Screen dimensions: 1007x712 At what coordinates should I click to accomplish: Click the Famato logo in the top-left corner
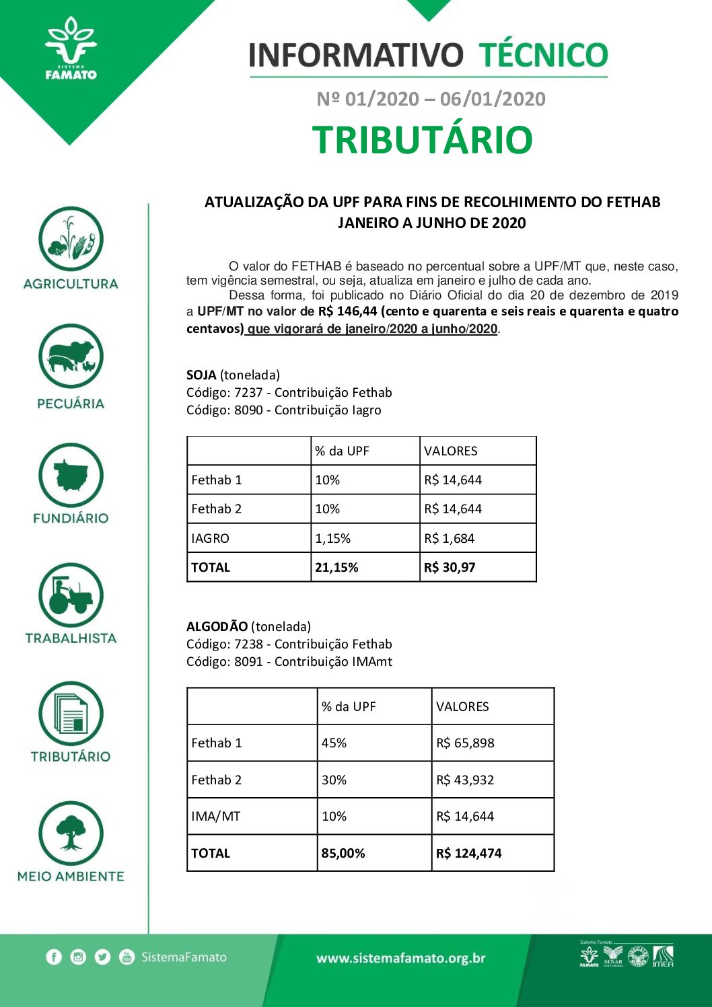tap(71, 50)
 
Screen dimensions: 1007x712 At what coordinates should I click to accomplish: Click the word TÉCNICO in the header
tap(543, 55)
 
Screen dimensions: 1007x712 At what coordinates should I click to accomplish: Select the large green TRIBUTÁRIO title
tap(423, 140)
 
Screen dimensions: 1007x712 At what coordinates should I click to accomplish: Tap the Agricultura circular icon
tap(71, 239)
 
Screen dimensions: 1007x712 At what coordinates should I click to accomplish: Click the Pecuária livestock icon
tap(71, 356)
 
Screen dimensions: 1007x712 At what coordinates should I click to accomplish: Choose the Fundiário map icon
tap(71, 476)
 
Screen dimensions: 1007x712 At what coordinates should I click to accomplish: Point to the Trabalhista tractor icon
tap(71, 595)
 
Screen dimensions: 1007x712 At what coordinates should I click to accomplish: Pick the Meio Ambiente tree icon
tap(71, 833)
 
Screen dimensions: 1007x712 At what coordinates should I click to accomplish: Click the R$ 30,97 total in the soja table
tap(450, 567)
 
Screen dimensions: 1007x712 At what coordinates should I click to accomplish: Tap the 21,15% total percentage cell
tap(336, 567)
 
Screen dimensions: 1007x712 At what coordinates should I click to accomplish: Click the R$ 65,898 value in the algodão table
tap(465, 743)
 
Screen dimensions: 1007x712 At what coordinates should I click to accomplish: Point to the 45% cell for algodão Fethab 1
tap(334, 743)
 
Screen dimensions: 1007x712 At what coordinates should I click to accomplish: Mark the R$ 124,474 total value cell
tap(469, 853)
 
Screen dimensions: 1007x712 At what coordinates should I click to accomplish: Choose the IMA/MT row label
tap(215, 816)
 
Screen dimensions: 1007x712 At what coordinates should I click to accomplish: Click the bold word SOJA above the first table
tap(201, 375)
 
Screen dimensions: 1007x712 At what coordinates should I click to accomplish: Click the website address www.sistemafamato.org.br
tap(401, 958)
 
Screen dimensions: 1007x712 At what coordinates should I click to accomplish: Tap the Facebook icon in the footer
tap(54, 957)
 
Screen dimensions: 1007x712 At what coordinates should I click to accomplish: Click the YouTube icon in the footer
tap(127, 957)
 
